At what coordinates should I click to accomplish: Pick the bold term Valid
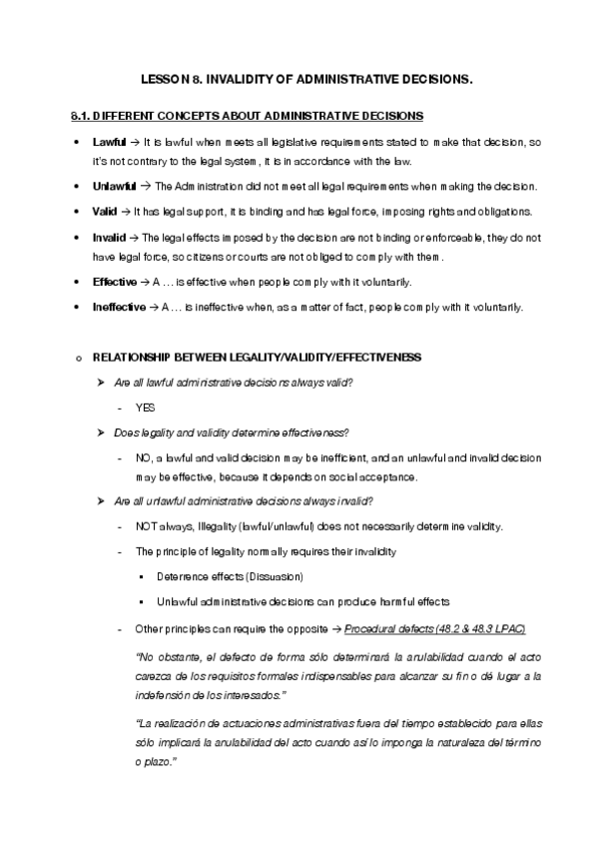pos(104,211)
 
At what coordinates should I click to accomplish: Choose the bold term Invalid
pos(108,238)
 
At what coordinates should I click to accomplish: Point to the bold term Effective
pos(114,282)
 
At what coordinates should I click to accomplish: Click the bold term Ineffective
pos(118,307)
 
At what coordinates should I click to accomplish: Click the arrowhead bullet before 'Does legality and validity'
pos(101,431)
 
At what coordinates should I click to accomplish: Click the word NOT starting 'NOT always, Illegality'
pos(146,526)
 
